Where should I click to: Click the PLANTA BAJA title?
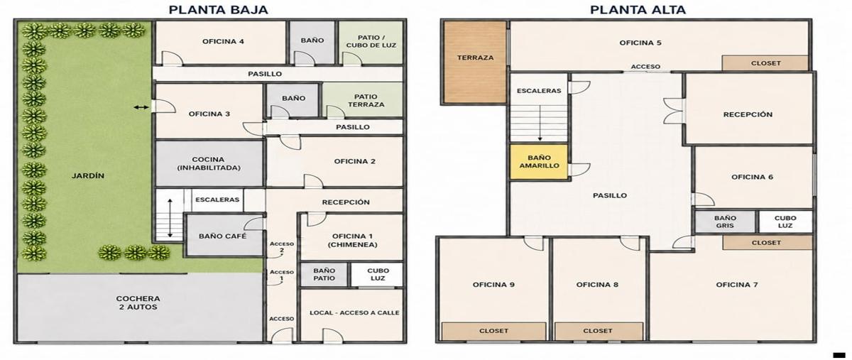pyautogui.click(x=219, y=10)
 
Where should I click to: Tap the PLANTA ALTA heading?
pyautogui.click(x=638, y=10)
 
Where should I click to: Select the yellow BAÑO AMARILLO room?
pyautogui.click(x=539, y=162)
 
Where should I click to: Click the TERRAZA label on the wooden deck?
pyautogui.click(x=475, y=58)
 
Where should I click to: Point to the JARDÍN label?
pyautogui.click(x=88, y=176)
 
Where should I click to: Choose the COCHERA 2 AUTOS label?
pyautogui.click(x=138, y=303)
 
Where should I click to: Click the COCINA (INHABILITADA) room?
pyautogui.click(x=209, y=163)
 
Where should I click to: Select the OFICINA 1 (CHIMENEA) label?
pyautogui.click(x=353, y=241)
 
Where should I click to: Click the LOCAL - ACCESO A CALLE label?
pyautogui.click(x=354, y=313)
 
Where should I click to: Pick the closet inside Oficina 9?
pyautogui.click(x=493, y=331)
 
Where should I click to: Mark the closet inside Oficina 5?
pyautogui.click(x=765, y=63)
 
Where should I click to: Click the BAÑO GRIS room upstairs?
pyautogui.click(x=725, y=222)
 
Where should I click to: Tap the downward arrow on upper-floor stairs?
pyautogui.click(x=540, y=123)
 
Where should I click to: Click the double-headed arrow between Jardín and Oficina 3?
pyautogui.click(x=141, y=108)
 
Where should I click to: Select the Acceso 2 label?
pyautogui.click(x=282, y=247)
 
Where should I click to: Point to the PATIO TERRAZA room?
pyautogui.click(x=363, y=100)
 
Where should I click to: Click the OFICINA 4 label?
pyautogui.click(x=223, y=41)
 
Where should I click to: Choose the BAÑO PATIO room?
pyautogui.click(x=324, y=274)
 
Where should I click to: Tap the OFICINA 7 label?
pyautogui.click(x=737, y=285)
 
